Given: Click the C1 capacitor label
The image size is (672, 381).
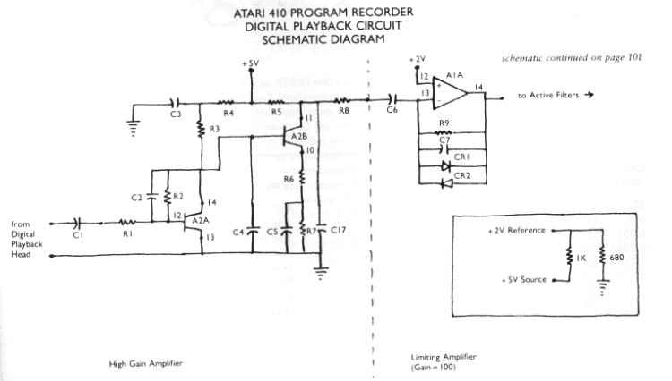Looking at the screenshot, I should tap(78, 236).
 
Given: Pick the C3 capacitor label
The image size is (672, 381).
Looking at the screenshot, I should tap(176, 114).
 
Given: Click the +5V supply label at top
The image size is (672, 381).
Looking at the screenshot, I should tap(252, 64).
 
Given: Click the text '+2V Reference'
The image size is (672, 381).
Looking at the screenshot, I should tap(517, 231).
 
